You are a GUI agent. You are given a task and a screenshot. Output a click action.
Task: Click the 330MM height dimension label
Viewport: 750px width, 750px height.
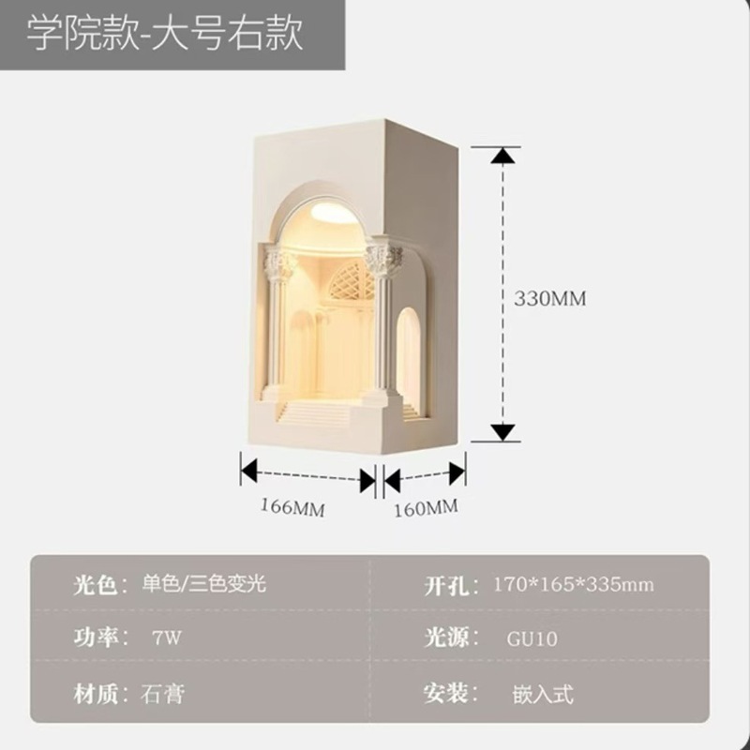[549, 299]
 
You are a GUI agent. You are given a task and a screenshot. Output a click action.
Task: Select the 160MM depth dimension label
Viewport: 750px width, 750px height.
[427, 508]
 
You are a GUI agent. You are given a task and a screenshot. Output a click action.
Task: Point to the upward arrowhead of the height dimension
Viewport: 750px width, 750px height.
[504, 156]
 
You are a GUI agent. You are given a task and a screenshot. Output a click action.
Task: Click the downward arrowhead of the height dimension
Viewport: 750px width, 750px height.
[504, 431]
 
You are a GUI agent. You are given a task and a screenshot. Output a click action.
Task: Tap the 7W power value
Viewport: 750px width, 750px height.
[166, 638]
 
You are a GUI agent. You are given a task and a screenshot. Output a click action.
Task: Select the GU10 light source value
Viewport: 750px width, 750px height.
[532, 639]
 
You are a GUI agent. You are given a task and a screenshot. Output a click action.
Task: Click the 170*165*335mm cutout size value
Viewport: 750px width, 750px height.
[573, 585]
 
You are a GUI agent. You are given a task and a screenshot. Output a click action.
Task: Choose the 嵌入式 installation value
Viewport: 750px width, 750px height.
[542, 695]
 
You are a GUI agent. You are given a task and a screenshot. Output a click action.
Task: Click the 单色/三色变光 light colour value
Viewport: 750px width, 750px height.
[204, 584]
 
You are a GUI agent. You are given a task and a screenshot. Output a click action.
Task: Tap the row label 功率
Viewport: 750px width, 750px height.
[97, 638]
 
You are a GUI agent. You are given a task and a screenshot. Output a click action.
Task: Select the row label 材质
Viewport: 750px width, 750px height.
[97, 695]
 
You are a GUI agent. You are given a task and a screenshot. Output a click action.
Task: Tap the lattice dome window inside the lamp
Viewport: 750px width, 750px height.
[349, 279]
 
